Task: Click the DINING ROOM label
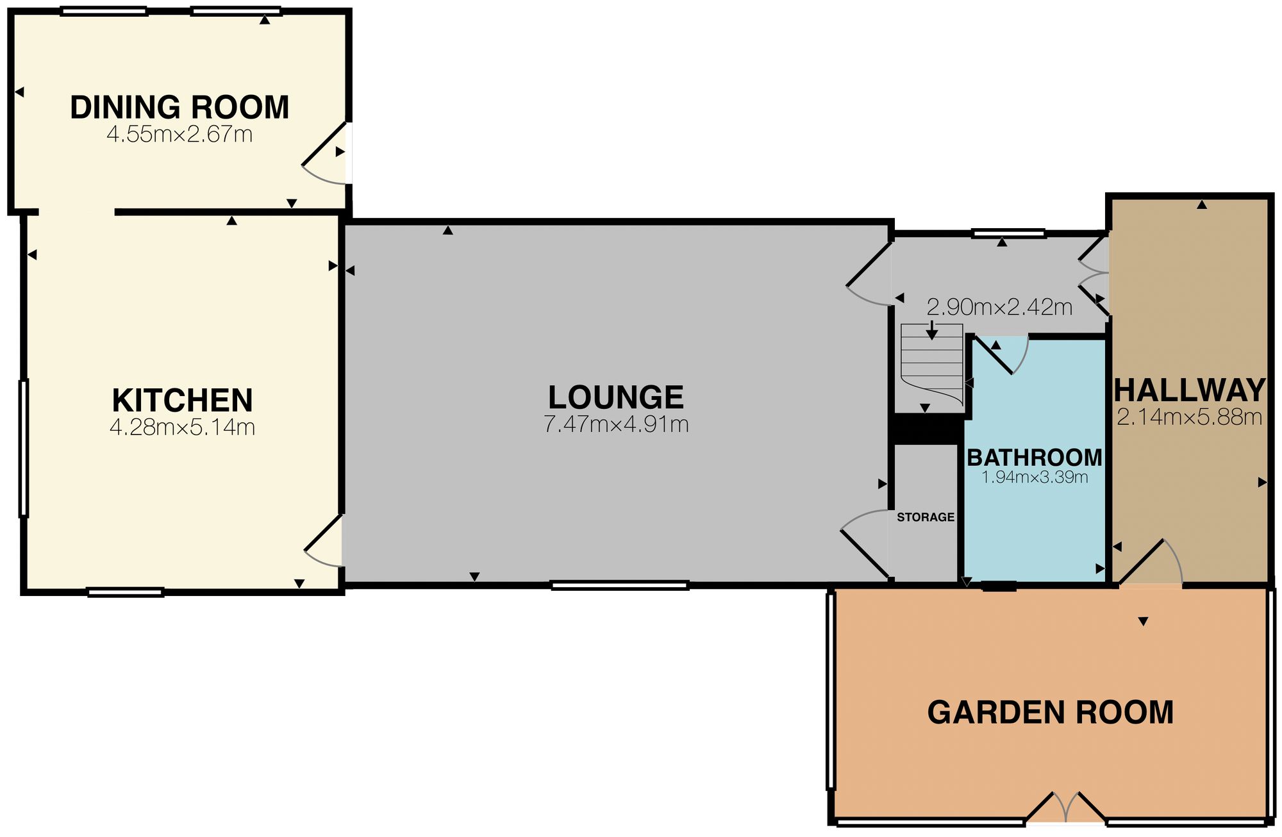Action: [179, 107]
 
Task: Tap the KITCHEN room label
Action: [183, 401]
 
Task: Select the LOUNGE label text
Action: [616, 397]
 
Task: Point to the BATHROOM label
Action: [1035, 458]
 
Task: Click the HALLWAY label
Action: [1190, 390]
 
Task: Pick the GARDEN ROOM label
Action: [1051, 713]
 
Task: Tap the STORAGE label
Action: [926, 517]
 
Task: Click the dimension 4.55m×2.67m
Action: [179, 135]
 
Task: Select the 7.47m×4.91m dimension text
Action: [616, 424]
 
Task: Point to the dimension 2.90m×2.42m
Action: [1000, 308]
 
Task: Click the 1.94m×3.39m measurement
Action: [1035, 477]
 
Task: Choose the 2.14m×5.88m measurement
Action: [1190, 418]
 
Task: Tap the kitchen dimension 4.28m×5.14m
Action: [183, 427]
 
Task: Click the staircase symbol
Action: [932, 365]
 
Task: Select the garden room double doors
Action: [1066, 809]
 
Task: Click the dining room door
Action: [325, 153]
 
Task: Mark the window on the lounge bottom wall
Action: [620, 585]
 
